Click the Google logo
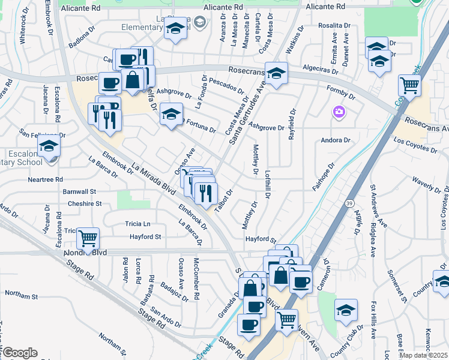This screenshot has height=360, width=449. click(x=19, y=353)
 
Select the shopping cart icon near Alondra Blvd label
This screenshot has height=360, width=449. click(x=88, y=239)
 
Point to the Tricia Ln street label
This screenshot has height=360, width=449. click(x=137, y=224)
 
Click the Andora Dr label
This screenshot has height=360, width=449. click(x=336, y=140)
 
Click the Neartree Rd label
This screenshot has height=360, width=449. click(x=45, y=179)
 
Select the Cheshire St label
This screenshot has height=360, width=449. click(x=84, y=204)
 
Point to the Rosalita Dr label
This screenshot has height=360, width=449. click(x=334, y=25)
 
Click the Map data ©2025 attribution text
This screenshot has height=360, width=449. click(x=423, y=355)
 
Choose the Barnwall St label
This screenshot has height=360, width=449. click(x=80, y=191)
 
